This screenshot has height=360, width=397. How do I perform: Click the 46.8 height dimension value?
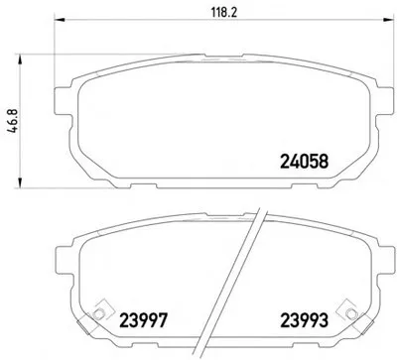pyautogui.click(x=13, y=121)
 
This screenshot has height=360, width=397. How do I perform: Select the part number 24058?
pyautogui.click(x=305, y=162)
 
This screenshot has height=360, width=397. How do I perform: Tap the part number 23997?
pyautogui.click(x=143, y=320)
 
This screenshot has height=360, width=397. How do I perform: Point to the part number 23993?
pyautogui.click(x=305, y=320)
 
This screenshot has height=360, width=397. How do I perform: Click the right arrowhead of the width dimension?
pyautogui.click(x=388, y=20)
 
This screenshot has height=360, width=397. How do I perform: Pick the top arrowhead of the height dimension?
pyautogui.click(x=21, y=60)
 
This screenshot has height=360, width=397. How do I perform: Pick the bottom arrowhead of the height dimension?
pyautogui.click(x=21, y=182)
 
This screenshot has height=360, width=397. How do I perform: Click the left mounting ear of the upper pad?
pyautogui.click(x=62, y=101)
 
